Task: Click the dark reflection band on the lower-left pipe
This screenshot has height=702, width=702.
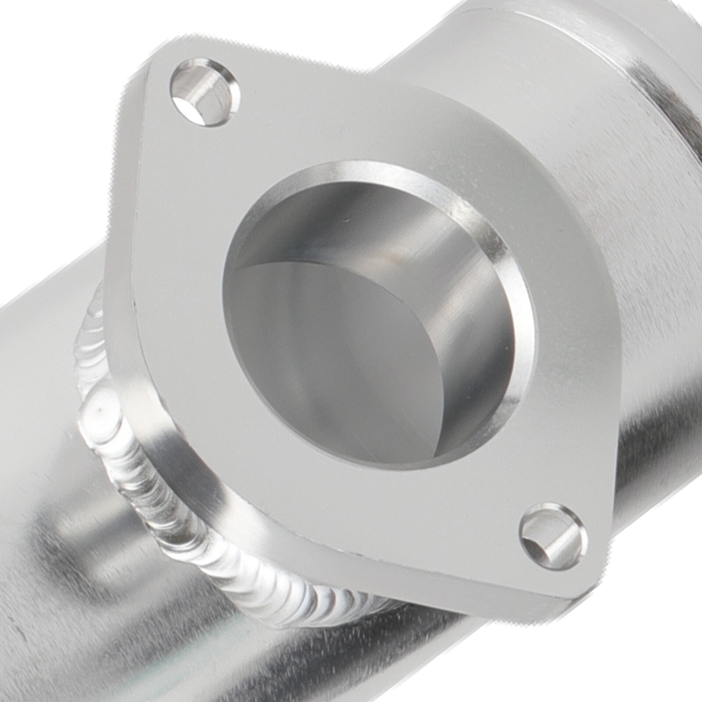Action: coord(88,548)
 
